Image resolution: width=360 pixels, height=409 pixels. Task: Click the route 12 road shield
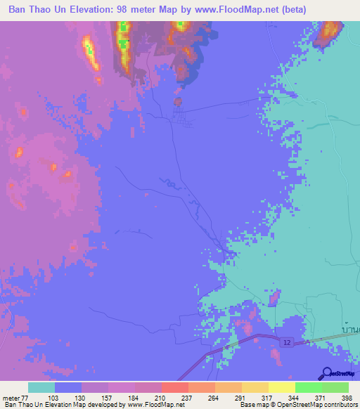pyautogui.click(x=288, y=342)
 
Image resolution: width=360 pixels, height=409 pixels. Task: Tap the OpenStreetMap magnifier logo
pyautogui.click(x=327, y=373)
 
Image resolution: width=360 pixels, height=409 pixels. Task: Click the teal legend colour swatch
pyautogui.click(x=41, y=387)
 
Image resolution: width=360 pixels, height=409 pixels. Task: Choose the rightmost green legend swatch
pyautogui.click(x=335, y=387)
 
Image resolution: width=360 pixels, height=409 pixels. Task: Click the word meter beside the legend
pyautogui.click(x=11, y=397)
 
